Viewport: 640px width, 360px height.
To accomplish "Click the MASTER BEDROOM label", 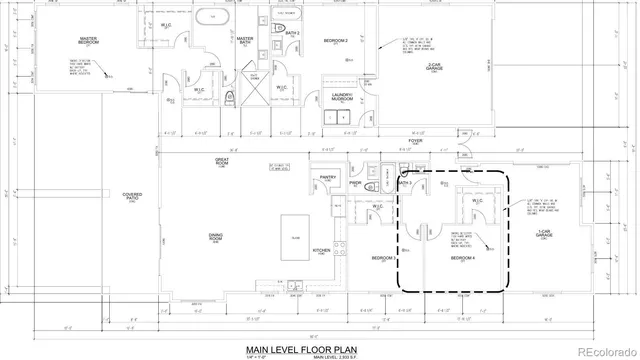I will pos(95,40).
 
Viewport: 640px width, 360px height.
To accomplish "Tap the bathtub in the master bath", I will pos(211,17).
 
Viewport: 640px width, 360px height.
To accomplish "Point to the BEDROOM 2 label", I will pos(334,40).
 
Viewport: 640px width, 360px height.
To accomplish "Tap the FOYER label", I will pos(415,143).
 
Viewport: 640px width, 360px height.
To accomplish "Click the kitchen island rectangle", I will pos(296,226).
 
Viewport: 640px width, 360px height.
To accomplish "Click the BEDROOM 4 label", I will pos(461,258).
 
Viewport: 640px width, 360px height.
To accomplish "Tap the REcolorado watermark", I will pos(600,350).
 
